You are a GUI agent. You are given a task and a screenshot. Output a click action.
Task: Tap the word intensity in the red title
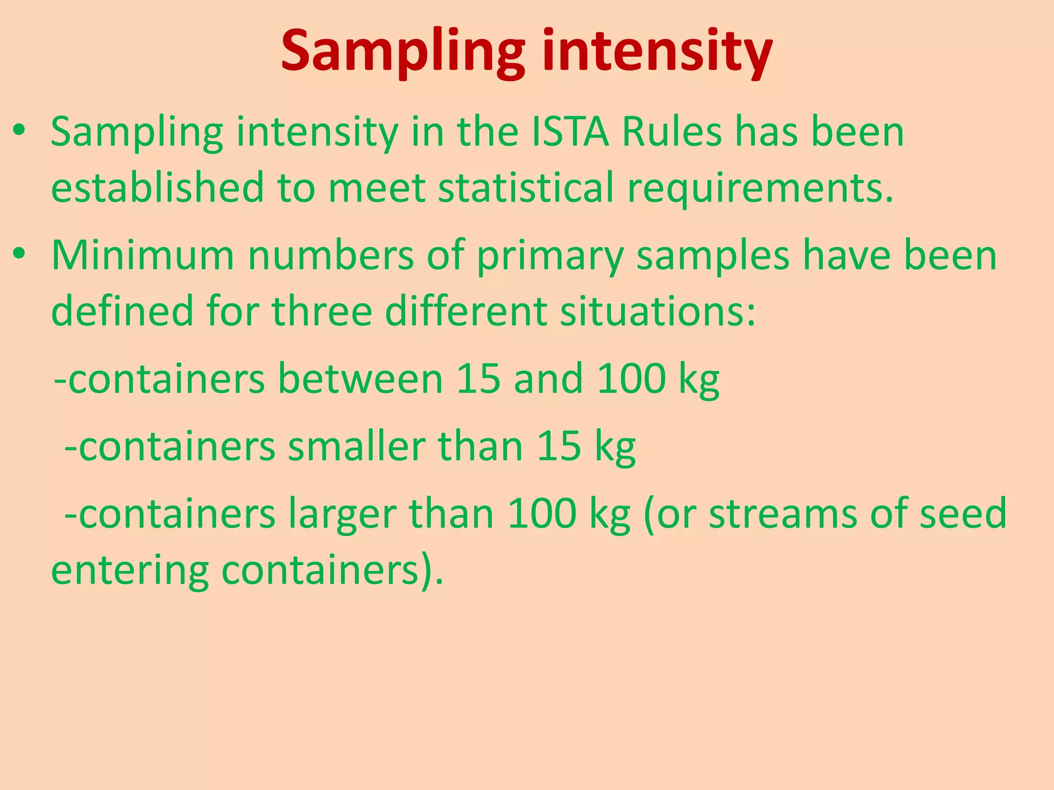pos(657,51)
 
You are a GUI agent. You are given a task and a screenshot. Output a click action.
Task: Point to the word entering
pos(130,571)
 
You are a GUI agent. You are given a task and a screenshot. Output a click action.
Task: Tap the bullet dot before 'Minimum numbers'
pos(19,254)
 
